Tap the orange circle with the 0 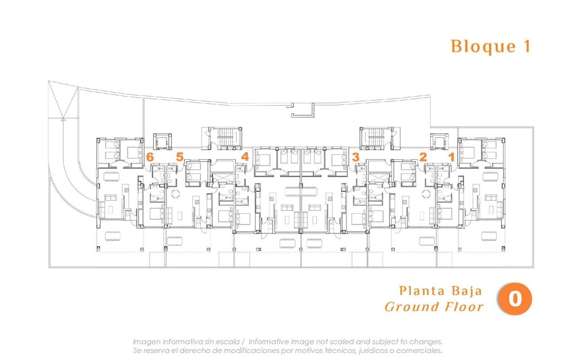click(x=514, y=299)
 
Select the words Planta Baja click(x=440, y=291)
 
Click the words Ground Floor click(x=434, y=307)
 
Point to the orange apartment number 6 click(x=150, y=157)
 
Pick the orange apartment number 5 click(x=180, y=157)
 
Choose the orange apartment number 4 click(x=245, y=157)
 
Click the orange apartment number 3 click(x=355, y=157)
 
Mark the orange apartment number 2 click(x=423, y=157)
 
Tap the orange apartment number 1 click(x=451, y=157)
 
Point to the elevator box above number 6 click(x=162, y=141)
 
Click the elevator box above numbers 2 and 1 click(x=439, y=141)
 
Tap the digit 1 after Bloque click(x=526, y=47)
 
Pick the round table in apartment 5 click(x=175, y=193)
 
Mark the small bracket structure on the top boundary click(x=302, y=110)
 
